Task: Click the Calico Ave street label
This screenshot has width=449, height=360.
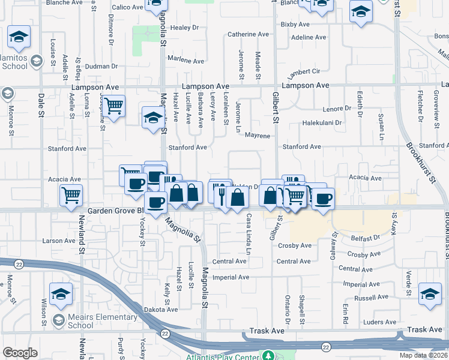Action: pyautogui.click(x=127, y=7)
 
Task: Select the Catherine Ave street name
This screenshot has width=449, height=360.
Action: pyautogui.click(x=251, y=35)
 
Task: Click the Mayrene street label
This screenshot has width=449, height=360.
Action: pyautogui.click(x=258, y=136)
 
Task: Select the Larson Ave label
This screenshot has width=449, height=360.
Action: pyautogui.click(x=59, y=241)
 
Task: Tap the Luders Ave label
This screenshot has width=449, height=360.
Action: pyautogui.click(x=379, y=322)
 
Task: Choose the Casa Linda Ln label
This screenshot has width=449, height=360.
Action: pyautogui.click(x=247, y=235)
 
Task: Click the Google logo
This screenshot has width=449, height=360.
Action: pyautogui.click(x=20, y=353)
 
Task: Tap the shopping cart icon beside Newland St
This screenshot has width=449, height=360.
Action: pyautogui.click(x=71, y=194)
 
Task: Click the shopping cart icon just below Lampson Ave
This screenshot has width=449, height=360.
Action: pyautogui.click(x=113, y=106)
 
